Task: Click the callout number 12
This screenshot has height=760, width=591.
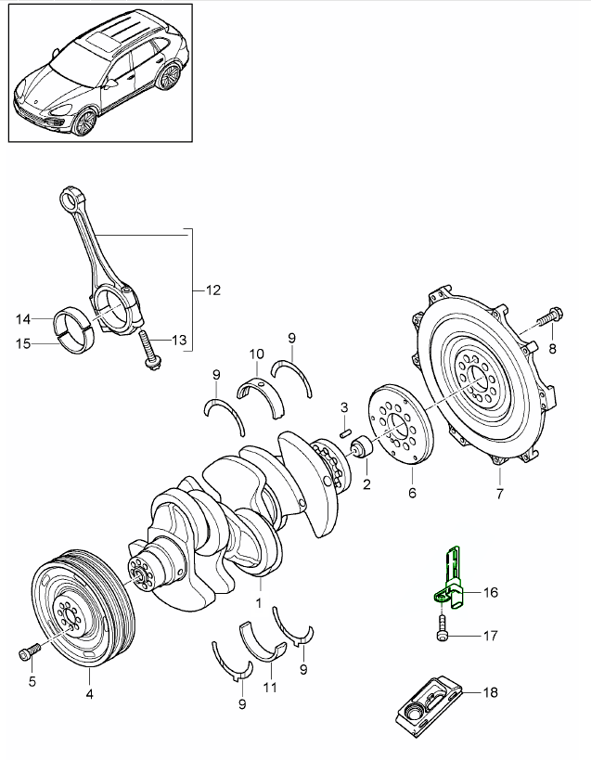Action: pos(212,290)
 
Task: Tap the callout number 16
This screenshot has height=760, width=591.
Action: pos(490,590)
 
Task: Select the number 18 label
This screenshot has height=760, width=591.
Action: pos(490,692)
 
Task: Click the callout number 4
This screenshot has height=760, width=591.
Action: pos(89,692)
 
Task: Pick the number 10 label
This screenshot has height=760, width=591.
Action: pos(256,354)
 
